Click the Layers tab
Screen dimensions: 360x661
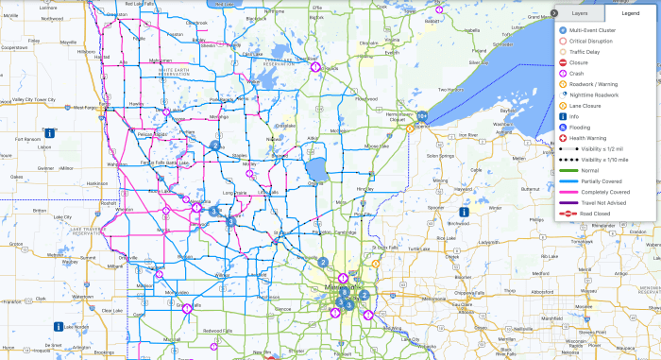tap(580, 14)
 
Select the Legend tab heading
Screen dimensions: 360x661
tap(629, 14)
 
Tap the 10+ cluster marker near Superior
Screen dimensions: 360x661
tap(422, 116)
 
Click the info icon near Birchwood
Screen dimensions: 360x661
tap(464, 213)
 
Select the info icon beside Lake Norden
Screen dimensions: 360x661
tap(59, 327)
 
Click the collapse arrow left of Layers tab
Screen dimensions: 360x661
tap(553, 13)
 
